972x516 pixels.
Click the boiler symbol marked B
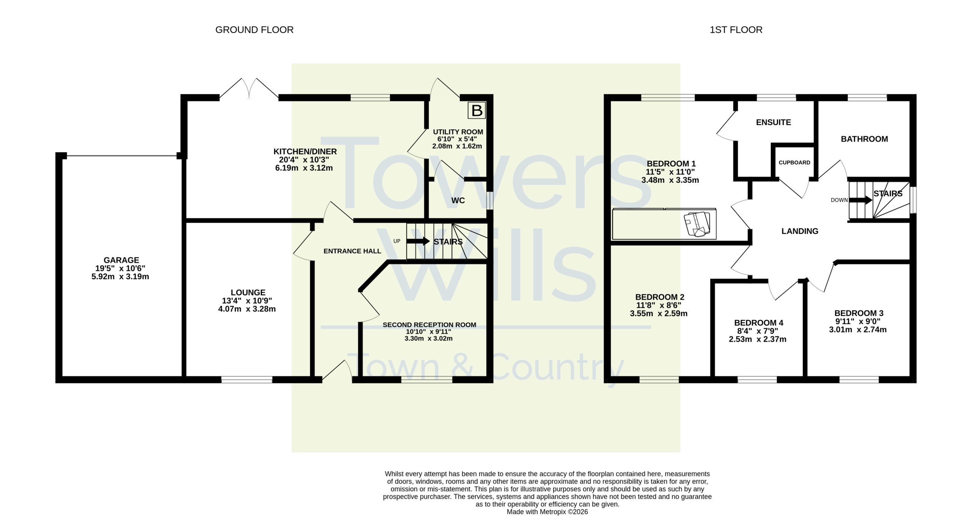[x=477, y=111]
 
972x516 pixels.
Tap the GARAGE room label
[x=121, y=260]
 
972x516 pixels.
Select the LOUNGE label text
[x=248, y=293]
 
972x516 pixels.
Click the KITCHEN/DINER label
[x=305, y=152]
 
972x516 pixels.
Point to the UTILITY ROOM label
[x=458, y=132]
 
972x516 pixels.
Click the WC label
[x=458, y=201]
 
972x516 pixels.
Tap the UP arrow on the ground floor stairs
[x=418, y=241]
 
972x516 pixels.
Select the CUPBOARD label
[x=794, y=163]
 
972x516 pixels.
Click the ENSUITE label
[x=773, y=122]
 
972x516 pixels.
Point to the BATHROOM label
[x=864, y=139]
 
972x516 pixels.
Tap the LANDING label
[x=800, y=231]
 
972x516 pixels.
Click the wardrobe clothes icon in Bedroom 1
[x=696, y=225]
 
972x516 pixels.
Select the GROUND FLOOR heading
[x=254, y=30]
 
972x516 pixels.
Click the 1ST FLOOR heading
[x=736, y=30]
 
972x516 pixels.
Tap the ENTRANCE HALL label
[x=352, y=251]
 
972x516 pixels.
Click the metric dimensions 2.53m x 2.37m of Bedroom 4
[x=757, y=339]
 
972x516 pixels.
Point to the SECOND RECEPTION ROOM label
[x=429, y=325]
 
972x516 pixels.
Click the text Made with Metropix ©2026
[x=547, y=512]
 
